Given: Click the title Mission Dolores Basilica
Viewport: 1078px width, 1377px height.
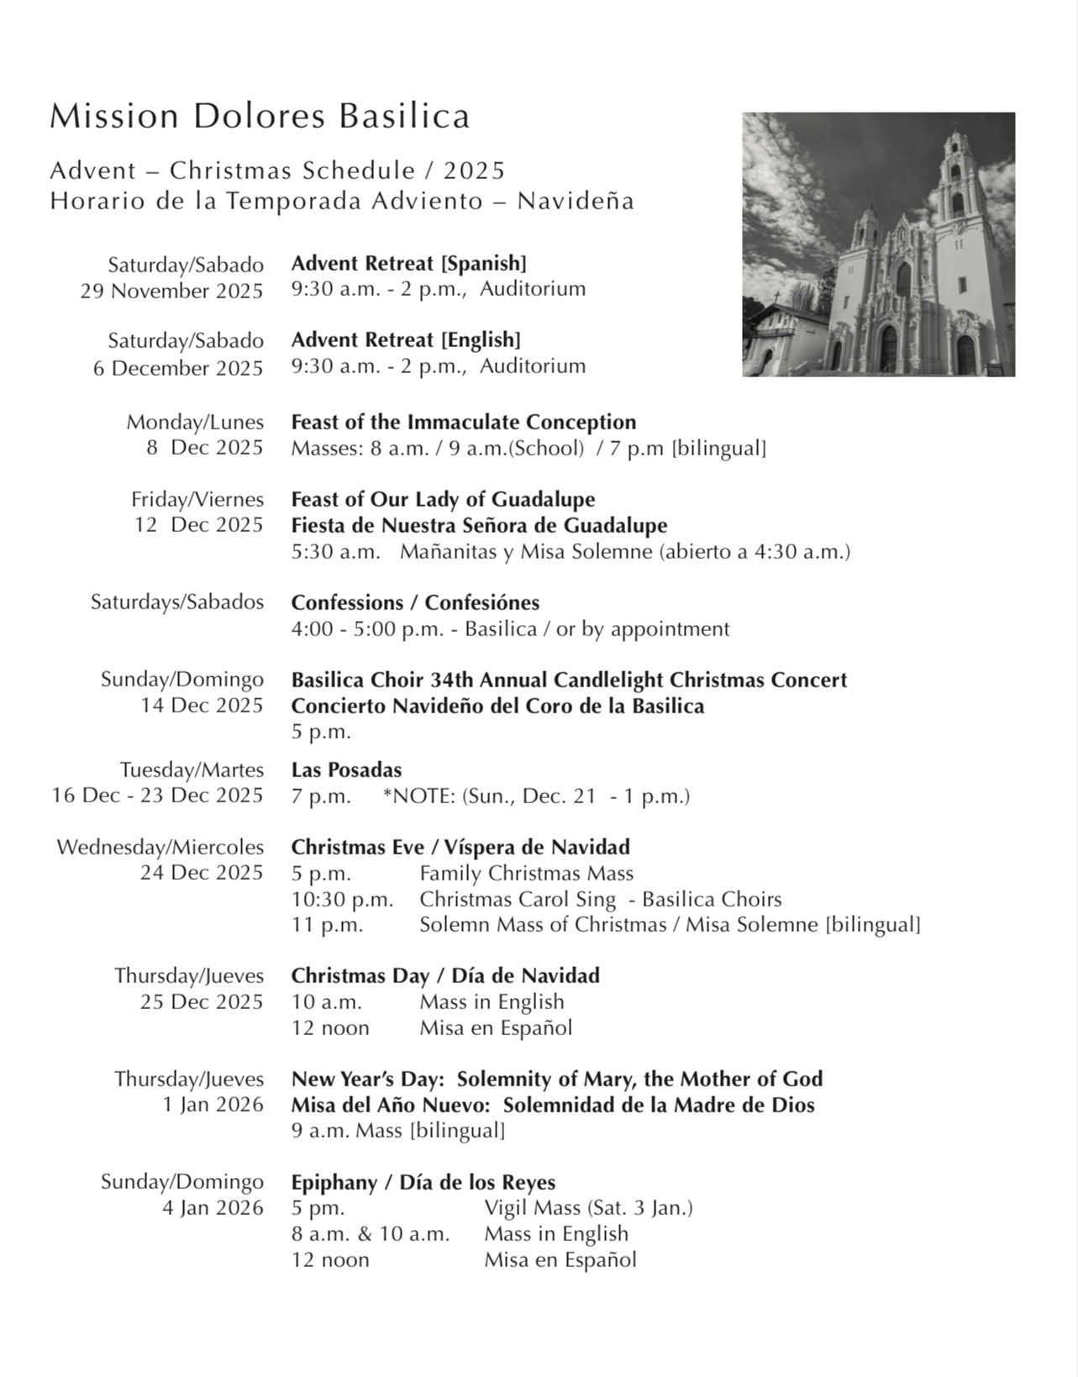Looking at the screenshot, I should [260, 116].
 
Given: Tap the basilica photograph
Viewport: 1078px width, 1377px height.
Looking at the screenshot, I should [878, 244].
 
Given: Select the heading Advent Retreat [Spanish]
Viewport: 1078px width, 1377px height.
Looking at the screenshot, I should [408, 263].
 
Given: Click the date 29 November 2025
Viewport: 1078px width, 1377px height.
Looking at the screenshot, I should [171, 291].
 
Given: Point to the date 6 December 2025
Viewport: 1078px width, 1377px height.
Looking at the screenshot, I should [178, 368].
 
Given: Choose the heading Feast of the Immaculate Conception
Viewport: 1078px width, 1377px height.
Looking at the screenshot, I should [464, 422].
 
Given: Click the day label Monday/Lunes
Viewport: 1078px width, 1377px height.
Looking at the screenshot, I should [195, 422].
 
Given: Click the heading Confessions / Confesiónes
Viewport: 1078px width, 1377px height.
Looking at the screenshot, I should [415, 602].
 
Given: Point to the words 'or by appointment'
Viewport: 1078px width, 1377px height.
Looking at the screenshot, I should [642, 628].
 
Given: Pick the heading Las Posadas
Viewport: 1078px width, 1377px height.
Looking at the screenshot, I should [346, 770].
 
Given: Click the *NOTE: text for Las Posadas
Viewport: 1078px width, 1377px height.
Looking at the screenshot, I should [536, 796].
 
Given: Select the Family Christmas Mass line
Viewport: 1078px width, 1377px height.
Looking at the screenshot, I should [526, 873].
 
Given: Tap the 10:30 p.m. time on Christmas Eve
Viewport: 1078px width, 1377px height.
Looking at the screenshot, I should [342, 899].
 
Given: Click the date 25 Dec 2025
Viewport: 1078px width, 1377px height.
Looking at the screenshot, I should [202, 1001].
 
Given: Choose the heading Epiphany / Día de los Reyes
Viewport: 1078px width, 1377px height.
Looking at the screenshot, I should [423, 1182].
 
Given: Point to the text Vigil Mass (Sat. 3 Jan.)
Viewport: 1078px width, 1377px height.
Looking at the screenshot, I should [588, 1208].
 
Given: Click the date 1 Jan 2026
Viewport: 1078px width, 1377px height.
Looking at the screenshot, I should [213, 1105].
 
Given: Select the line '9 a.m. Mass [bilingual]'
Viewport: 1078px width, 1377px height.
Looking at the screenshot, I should [397, 1130].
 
